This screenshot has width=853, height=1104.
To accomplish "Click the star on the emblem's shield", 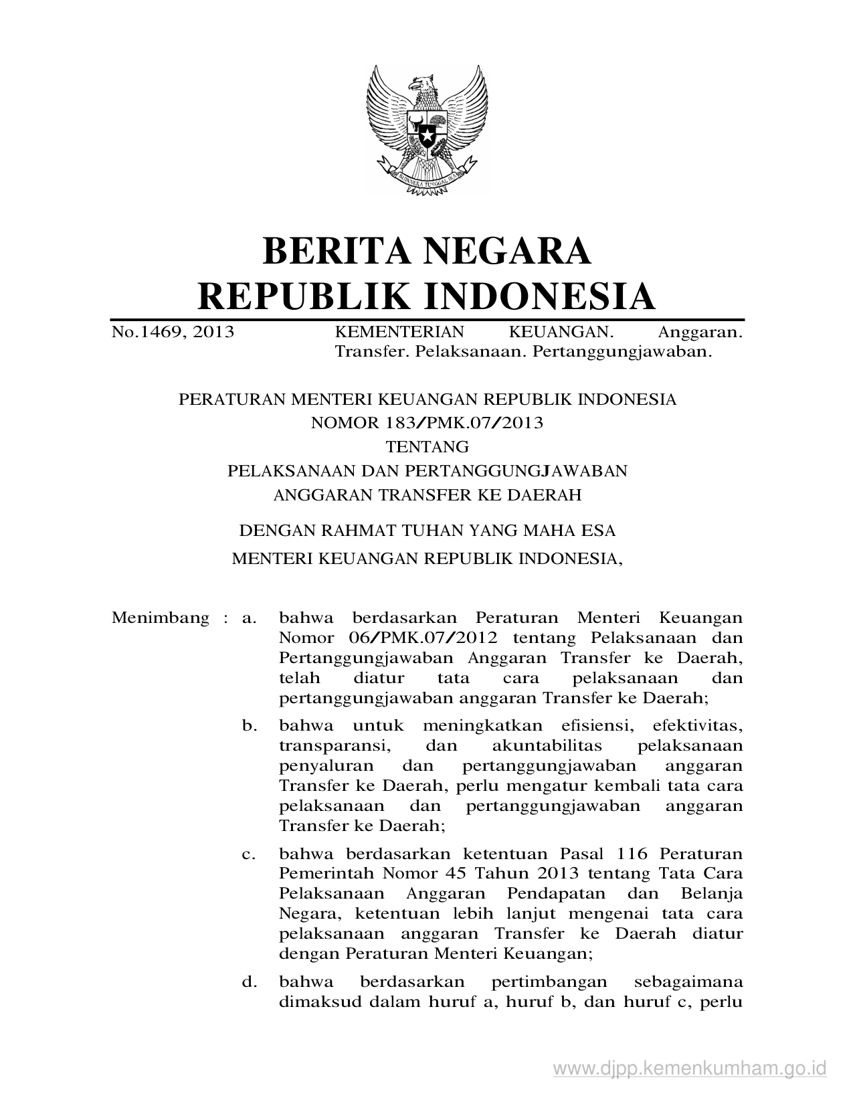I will click(426, 136).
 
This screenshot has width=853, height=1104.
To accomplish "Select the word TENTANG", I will click(427, 446).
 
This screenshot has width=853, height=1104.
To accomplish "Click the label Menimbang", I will click(161, 618).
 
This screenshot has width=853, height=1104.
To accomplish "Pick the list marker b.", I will click(250, 725).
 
